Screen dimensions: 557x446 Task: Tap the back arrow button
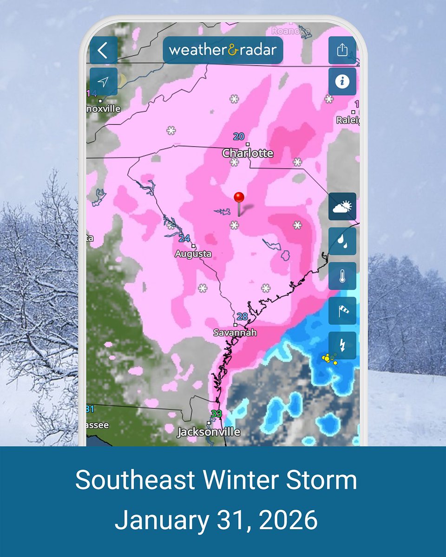pos(103,50)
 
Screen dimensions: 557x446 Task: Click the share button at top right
pos(342,50)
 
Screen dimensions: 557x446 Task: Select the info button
pos(342,82)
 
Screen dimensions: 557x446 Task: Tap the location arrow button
pos(103,82)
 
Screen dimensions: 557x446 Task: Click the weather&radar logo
pos(223,50)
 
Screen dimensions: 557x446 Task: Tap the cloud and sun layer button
pos(342,207)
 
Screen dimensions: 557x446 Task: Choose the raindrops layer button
pos(342,241)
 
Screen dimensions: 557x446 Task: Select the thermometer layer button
pos(342,276)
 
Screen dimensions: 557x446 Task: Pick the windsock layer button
pos(342,311)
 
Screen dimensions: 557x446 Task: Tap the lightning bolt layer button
pos(342,345)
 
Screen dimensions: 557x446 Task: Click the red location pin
pos(239,198)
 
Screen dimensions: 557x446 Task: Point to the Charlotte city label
pos(248,153)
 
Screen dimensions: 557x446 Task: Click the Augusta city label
pos(193,254)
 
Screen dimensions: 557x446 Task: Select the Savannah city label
pos(235,332)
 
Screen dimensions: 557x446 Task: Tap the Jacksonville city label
pos(209,432)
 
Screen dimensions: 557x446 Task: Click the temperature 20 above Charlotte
pos(239,136)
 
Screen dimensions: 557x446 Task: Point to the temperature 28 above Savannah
pos(242,317)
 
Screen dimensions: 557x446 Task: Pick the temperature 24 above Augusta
pos(184,239)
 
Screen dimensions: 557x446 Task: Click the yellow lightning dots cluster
pos(329,358)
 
